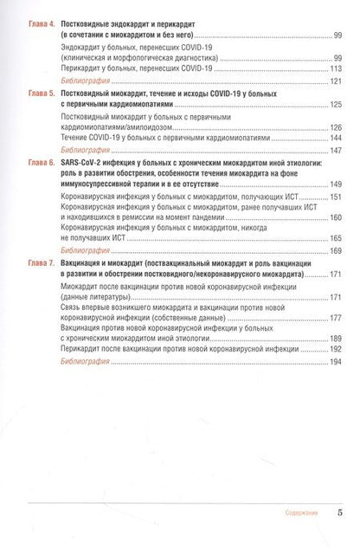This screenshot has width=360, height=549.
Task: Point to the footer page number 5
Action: tap(340, 513)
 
